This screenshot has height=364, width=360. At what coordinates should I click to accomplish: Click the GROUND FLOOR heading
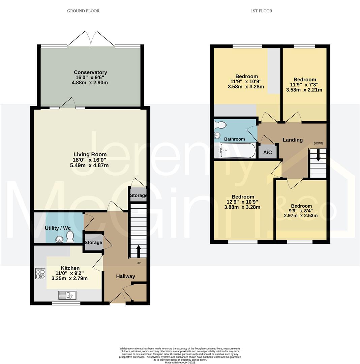pyautogui.click(x=83, y=11)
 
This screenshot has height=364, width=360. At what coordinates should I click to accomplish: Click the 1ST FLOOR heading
pyautogui.click(x=261, y=11)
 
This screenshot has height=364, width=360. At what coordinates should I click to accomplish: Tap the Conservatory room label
pyautogui.click(x=90, y=72)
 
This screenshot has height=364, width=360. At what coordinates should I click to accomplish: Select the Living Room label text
pyautogui.click(x=90, y=155)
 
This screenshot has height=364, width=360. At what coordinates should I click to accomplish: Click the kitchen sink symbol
pyautogui.click(x=67, y=295)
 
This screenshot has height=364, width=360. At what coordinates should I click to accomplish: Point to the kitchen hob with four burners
pyautogui.click(x=40, y=273)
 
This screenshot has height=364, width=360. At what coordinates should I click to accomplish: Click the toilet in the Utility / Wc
pyautogui.click(x=70, y=237)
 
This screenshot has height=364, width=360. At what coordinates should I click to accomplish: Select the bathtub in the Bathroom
pyautogui.click(x=238, y=151)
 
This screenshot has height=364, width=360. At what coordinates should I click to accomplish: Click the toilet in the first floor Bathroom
pyautogui.click(x=220, y=125)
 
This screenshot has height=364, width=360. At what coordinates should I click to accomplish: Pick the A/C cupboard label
pyautogui.click(x=267, y=152)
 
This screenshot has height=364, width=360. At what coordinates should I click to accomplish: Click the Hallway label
pyautogui.click(x=125, y=276)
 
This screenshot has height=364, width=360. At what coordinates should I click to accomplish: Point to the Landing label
pyautogui.click(x=292, y=140)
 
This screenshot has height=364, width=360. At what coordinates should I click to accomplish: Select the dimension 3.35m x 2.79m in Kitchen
pyautogui.click(x=69, y=278)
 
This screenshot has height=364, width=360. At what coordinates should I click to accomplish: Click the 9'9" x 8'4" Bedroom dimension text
pyautogui.click(x=301, y=211)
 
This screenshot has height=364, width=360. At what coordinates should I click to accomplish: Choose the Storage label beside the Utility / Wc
pyautogui.click(x=93, y=242)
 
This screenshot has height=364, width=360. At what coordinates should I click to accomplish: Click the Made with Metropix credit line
pyautogui.click(x=180, y=362)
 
